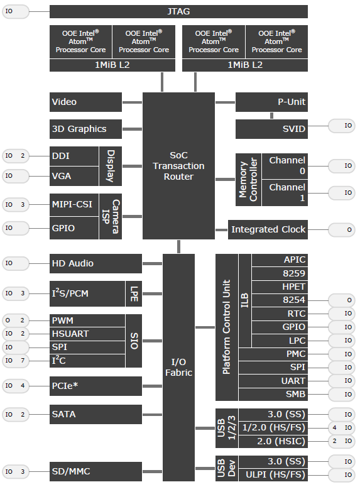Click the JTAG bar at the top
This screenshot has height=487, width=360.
pos(178,11)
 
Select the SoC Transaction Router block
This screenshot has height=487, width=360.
pos(178,165)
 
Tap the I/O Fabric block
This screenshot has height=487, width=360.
pos(178,368)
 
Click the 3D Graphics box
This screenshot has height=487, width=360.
pos(85,129)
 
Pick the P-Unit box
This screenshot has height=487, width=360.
pos(271,102)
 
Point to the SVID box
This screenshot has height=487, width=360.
pos(271,129)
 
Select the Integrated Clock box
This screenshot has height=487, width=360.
pos(268,229)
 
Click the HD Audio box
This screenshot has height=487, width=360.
pos(95,263)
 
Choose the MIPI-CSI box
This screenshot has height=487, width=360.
pos(74,205)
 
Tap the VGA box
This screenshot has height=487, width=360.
pos(74,176)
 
